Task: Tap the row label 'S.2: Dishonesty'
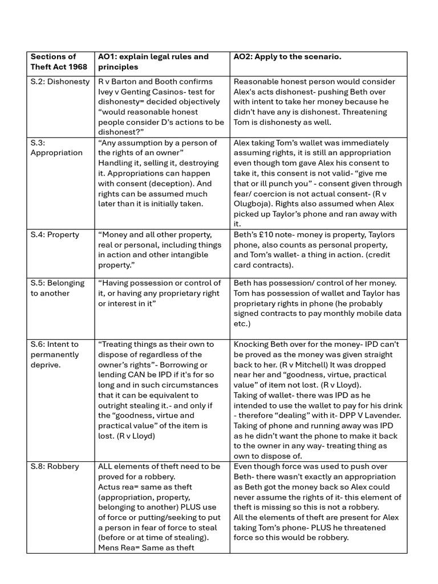coord(60,82)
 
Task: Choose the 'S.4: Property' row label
coord(55,235)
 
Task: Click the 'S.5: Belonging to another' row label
coord(57,288)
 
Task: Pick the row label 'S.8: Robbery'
coord(55,467)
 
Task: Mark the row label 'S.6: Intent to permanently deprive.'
coord(55,354)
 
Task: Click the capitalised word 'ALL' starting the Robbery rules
coord(107,467)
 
